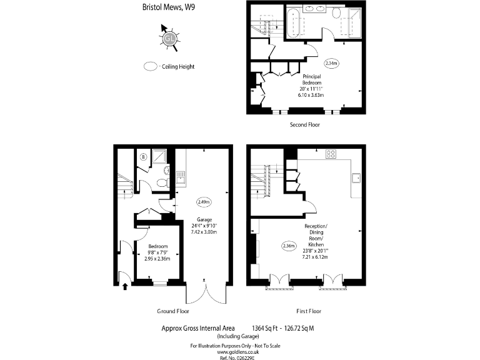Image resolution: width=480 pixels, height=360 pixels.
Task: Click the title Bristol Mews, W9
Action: tap(160, 7)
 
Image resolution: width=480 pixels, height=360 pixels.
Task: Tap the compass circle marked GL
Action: tap(169, 39)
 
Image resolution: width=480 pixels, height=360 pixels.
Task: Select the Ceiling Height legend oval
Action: tap(151, 66)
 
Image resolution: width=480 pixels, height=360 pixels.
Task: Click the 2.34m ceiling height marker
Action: tap(331, 63)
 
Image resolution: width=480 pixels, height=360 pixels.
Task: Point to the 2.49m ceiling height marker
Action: tap(204, 202)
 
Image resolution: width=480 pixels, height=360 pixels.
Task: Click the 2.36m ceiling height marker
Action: tap(289, 246)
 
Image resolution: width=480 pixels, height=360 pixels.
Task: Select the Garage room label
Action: tap(204, 220)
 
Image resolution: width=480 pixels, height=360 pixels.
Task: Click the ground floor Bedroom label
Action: tap(157, 246)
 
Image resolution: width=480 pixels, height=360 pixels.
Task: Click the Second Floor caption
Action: tap(305, 125)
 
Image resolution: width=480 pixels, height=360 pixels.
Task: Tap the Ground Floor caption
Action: tap(172, 311)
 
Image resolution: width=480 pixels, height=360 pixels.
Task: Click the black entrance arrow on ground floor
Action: tap(126, 287)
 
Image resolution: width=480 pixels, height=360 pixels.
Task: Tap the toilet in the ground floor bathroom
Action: tap(162, 182)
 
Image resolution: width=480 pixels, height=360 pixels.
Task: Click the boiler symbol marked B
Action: tap(144, 157)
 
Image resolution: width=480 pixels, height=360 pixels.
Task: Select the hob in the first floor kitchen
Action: tap(332, 154)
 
